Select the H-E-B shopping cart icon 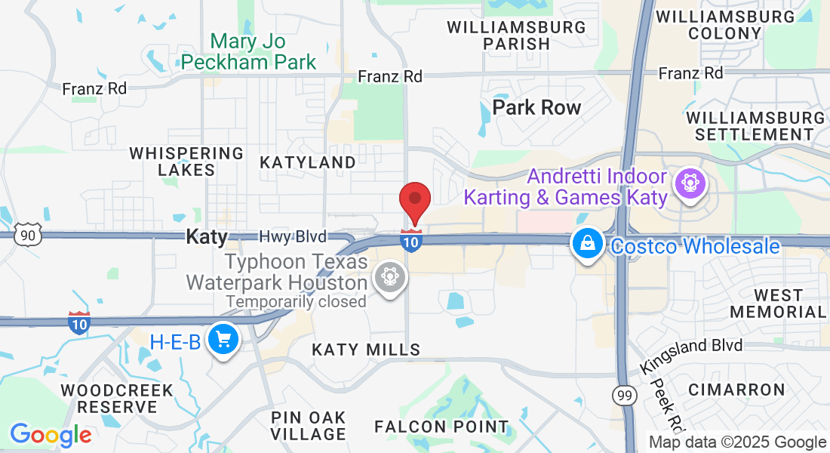click(x=223, y=339)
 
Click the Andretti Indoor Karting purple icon click(x=688, y=183)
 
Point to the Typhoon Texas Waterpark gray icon click(x=390, y=277)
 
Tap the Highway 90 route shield click(x=28, y=235)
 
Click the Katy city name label click(x=207, y=237)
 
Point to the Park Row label click(x=536, y=107)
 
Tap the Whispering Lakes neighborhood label click(x=186, y=162)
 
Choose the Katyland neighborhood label click(x=308, y=162)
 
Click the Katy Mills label click(x=366, y=350)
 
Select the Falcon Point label click(x=442, y=427)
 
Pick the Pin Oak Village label click(x=308, y=426)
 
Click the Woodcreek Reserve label click(x=117, y=399)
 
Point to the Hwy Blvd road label click(x=293, y=237)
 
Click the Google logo click(x=51, y=435)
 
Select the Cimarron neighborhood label click(x=736, y=390)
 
